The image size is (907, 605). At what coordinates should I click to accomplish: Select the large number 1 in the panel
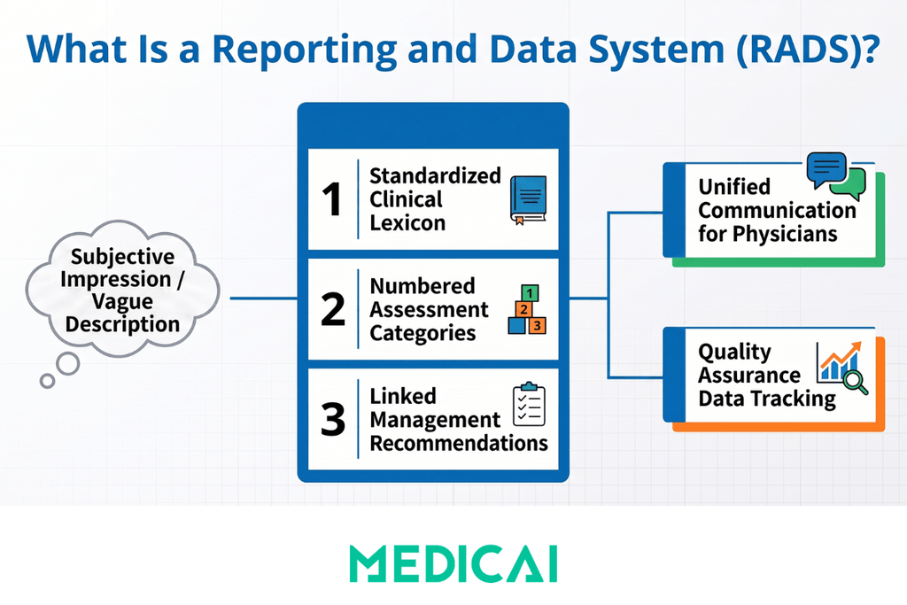point(332,199)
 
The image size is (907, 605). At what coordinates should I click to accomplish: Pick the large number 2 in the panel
point(333,309)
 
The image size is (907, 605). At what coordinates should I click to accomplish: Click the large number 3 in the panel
point(333,419)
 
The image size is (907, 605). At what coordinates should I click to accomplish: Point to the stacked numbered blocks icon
point(527,309)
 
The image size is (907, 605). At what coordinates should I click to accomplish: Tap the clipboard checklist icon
point(529,404)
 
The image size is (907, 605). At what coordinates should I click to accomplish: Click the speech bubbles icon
point(836,176)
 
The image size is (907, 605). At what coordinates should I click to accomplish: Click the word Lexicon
point(407,223)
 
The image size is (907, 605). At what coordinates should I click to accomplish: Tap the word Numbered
point(422,286)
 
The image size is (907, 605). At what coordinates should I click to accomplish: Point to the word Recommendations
point(459,443)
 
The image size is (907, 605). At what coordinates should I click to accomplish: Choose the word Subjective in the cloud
point(122,256)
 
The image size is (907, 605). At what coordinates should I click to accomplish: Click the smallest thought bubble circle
point(48,381)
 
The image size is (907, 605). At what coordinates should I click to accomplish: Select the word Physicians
point(785,234)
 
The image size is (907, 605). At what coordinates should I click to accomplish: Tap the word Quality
point(734,352)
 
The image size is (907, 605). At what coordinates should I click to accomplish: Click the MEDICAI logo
point(453,563)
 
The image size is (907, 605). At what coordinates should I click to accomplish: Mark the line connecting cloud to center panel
point(264,299)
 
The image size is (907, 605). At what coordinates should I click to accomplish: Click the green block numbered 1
point(530,292)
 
